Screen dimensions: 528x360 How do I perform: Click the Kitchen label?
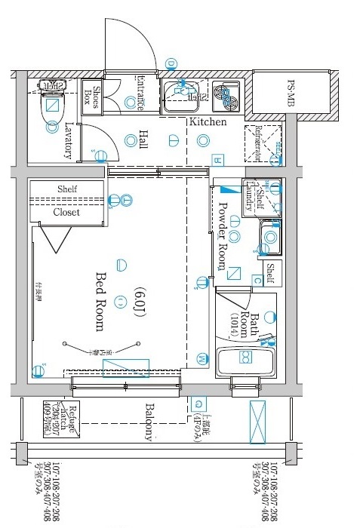coord(207,121)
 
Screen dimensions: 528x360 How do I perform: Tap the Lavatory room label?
coord(69,140)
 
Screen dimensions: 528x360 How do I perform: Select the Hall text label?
coord(143,140)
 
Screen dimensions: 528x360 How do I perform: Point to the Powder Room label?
coord(222,235)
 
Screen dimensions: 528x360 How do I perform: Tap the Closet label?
coord(66,212)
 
